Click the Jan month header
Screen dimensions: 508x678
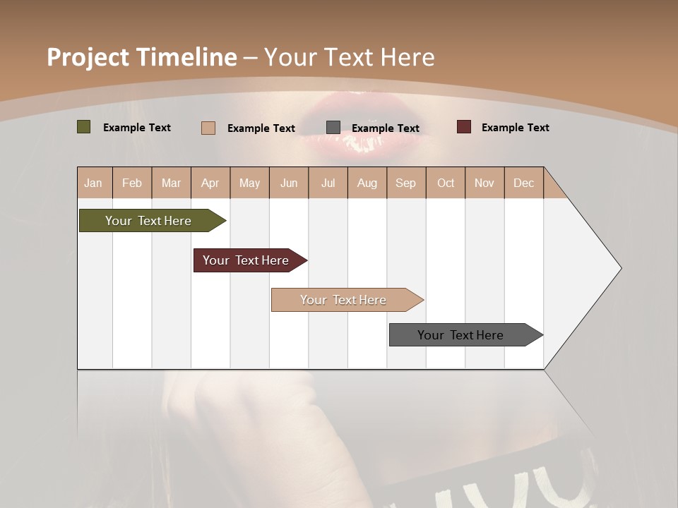(93, 183)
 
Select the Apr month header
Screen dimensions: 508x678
(210, 183)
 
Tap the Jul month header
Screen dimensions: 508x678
(328, 183)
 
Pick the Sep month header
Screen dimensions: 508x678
(405, 183)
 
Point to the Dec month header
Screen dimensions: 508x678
(523, 183)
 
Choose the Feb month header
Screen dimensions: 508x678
(132, 183)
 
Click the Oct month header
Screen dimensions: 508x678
(446, 183)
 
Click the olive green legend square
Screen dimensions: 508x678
(84, 127)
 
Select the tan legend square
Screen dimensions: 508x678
(208, 128)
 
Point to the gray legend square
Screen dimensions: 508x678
(333, 127)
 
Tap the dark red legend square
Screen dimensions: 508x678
(464, 127)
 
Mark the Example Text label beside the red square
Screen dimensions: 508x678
(515, 128)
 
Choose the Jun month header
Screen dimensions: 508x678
(289, 183)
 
